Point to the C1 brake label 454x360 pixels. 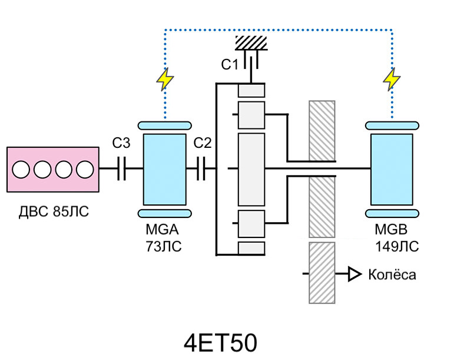click(230, 65)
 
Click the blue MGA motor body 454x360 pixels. click(164, 169)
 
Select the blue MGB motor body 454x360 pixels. click(392, 169)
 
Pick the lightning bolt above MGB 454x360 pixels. click(391, 80)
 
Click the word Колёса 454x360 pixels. click(392, 275)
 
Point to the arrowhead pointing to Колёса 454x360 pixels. click(354, 274)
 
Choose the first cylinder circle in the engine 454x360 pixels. click(21, 170)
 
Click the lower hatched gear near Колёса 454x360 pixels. click(322, 273)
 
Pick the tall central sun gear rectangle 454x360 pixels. click(251, 169)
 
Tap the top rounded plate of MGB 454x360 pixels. click(392, 125)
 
